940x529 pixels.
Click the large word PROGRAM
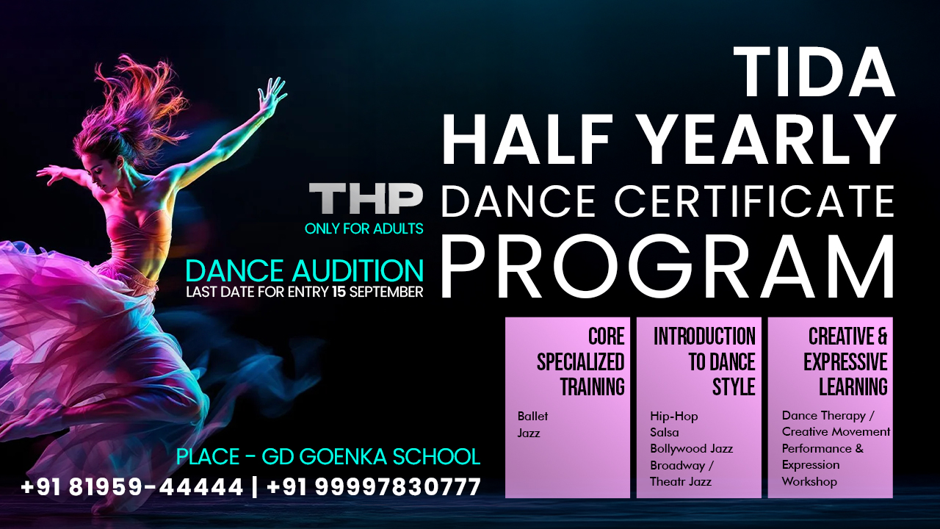pos(667,265)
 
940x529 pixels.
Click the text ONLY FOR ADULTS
pos(364,229)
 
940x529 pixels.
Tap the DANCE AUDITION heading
pos(305,270)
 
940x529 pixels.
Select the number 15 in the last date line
pos(339,292)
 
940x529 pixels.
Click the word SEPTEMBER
pos(386,292)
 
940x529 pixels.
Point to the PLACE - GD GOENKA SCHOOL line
pos(328,456)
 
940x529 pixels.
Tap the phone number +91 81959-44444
pos(132,486)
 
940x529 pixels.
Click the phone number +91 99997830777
pos(374,486)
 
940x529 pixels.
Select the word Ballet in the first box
pos(532,416)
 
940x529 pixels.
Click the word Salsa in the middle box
pos(664,432)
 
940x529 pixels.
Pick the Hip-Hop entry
pos(673,416)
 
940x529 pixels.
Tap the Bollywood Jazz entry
pos(691,448)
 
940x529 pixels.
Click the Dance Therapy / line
pos(828,416)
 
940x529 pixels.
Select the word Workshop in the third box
pos(809,481)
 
